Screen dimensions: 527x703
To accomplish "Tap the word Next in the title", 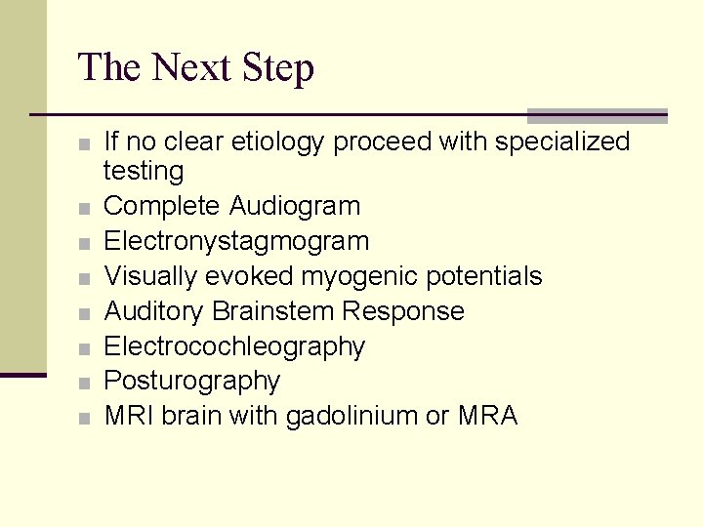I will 190,68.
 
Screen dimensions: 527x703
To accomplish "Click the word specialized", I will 562,142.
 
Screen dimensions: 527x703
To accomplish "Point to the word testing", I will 144,172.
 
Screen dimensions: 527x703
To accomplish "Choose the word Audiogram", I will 295,206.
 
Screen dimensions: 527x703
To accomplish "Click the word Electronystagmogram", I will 236,241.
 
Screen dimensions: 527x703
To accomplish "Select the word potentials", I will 483,276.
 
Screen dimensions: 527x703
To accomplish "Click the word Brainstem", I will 272,311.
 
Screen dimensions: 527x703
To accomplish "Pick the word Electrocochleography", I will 234,346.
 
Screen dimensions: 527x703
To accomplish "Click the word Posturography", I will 191,381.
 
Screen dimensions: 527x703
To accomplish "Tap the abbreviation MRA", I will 485,416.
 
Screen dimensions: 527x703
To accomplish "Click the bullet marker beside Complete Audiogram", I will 86,208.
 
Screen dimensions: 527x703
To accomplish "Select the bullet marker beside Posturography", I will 86,383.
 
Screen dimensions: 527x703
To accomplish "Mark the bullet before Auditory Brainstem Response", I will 86,313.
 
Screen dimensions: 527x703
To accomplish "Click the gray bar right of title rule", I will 597,115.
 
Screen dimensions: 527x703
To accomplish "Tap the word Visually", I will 150,276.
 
